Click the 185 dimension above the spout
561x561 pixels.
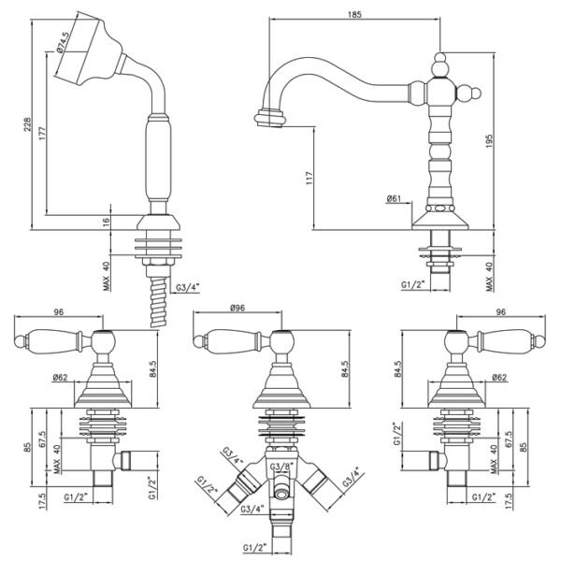click(x=354, y=14)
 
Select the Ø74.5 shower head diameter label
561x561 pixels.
click(x=62, y=42)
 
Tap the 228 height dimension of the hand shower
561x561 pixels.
click(x=27, y=124)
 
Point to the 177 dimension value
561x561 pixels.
click(x=42, y=133)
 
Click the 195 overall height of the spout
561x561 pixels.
click(x=489, y=141)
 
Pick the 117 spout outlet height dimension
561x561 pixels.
click(x=309, y=178)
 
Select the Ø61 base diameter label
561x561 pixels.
click(x=394, y=198)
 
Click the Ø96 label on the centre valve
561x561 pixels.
click(x=237, y=308)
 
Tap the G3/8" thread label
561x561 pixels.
click(x=281, y=467)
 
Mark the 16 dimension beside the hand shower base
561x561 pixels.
click(x=106, y=221)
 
